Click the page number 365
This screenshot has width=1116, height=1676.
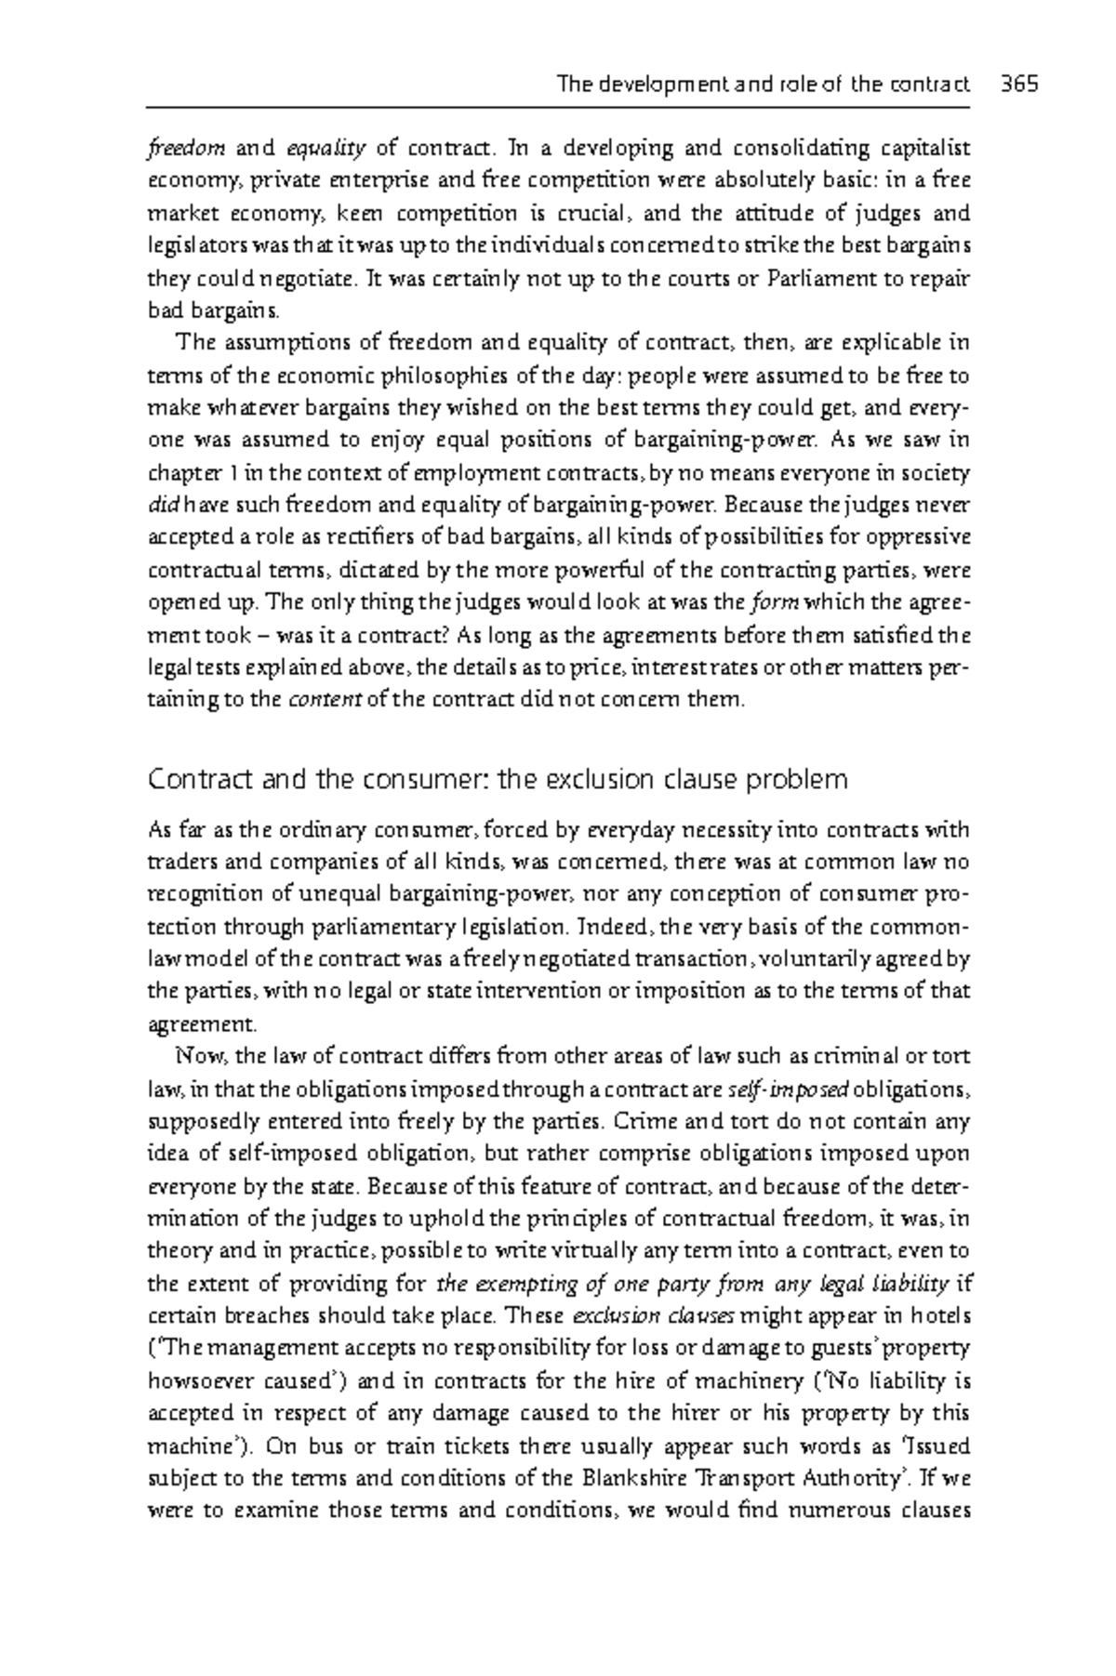click(1019, 85)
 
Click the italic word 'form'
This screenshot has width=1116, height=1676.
click(774, 601)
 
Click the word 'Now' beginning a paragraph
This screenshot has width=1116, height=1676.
click(194, 1056)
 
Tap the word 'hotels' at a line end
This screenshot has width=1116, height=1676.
click(939, 1315)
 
